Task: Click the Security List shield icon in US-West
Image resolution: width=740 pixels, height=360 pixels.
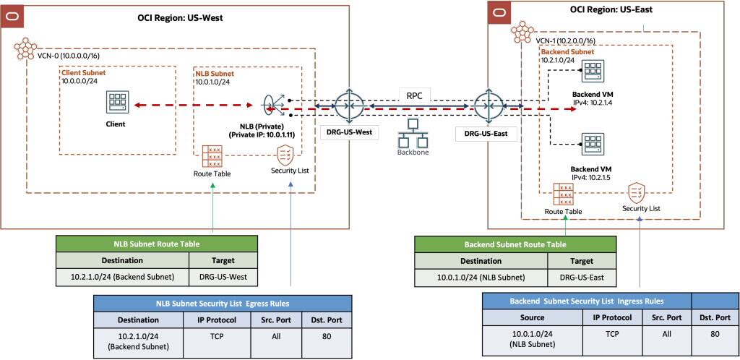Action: point(284,155)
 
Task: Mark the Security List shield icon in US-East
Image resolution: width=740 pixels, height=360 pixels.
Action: point(636,192)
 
